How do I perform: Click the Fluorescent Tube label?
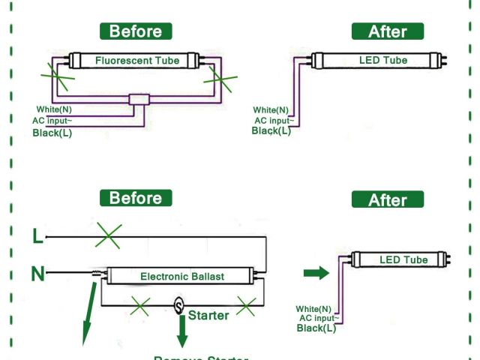pyautogui.click(x=136, y=60)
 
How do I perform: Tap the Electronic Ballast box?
pyautogui.click(x=182, y=276)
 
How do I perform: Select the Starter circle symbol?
pyautogui.click(x=179, y=305)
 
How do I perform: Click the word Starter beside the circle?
pyautogui.click(x=208, y=316)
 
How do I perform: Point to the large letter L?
pyautogui.click(x=37, y=237)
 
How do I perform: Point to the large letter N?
pyautogui.click(x=37, y=274)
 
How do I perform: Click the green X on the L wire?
pyautogui.click(x=109, y=237)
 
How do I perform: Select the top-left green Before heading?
pyautogui.click(x=136, y=31)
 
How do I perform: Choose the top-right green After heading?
pyautogui.click(x=387, y=31)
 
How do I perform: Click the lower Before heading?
pyautogui.click(x=136, y=198)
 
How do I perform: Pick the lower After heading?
pyautogui.click(x=387, y=200)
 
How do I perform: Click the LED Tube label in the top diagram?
pyautogui.click(x=384, y=59)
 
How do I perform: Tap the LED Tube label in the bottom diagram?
pyautogui.click(x=403, y=260)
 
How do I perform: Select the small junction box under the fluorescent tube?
pyautogui.click(x=139, y=100)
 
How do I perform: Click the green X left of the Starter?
pyautogui.click(x=139, y=305)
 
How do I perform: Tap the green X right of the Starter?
pyautogui.click(x=246, y=305)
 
